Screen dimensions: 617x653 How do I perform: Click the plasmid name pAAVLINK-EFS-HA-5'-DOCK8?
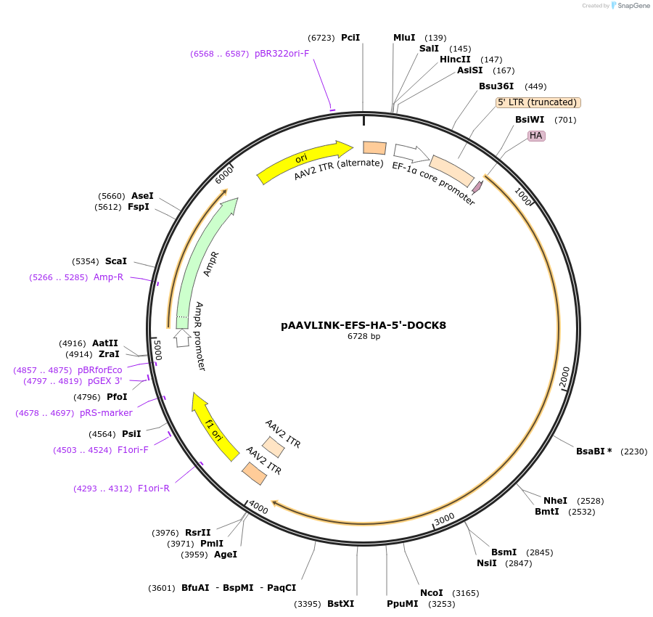364,325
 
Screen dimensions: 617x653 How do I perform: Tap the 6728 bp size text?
364,336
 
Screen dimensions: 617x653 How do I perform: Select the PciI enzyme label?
350,38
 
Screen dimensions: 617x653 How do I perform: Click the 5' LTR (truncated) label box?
538,102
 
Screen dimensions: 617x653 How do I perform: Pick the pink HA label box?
536,136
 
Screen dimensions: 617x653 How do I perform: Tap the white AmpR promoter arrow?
182,338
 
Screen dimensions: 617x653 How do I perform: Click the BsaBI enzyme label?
594,451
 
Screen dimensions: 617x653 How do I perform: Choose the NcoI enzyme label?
432,593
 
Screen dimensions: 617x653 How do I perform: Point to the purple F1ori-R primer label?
154,489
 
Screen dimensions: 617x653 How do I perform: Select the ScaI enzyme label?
116,261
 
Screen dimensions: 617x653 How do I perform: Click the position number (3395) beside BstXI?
308,604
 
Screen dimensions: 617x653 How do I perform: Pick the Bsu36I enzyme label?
496,86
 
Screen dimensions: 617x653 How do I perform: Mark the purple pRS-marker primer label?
106,413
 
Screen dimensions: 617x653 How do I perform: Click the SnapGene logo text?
633,6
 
